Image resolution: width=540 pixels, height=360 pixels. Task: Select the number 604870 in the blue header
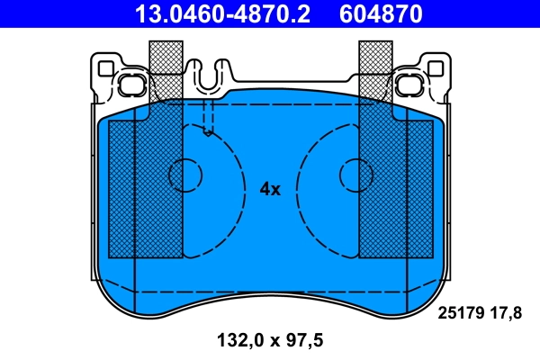coord(381,13)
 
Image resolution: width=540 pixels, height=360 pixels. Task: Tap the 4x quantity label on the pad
coord(270,189)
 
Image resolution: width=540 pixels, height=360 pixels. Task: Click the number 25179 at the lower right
coord(462,313)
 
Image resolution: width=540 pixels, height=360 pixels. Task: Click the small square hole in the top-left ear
coord(105,67)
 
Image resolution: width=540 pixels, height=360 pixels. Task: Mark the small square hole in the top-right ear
coord(436,67)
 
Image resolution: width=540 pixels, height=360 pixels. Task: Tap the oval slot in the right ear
coord(411,86)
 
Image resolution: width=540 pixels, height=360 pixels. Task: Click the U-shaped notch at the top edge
coord(208,76)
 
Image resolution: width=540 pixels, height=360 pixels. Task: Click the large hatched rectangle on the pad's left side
coord(145,189)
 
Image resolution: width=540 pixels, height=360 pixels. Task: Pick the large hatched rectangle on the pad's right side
coord(396,189)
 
